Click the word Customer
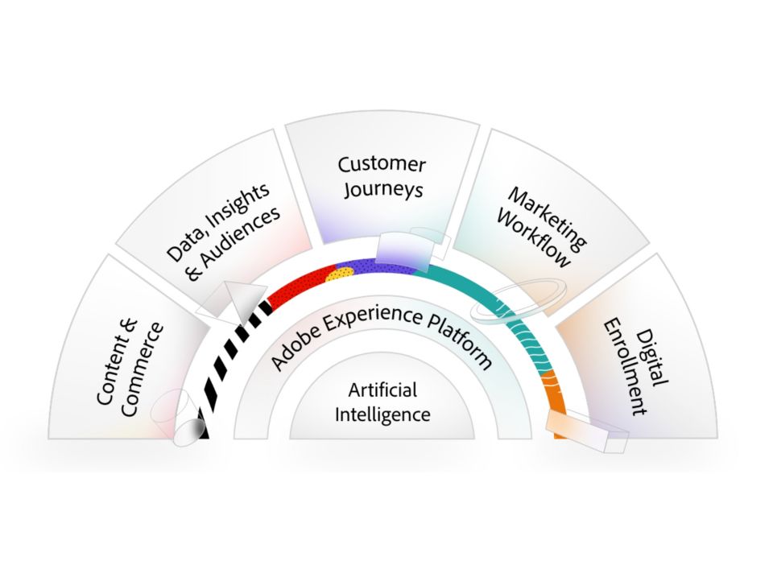[x=382, y=165]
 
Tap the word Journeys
[x=382, y=190]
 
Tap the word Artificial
[x=382, y=391]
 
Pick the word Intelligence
[x=382, y=415]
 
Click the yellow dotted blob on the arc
[x=341, y=274]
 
